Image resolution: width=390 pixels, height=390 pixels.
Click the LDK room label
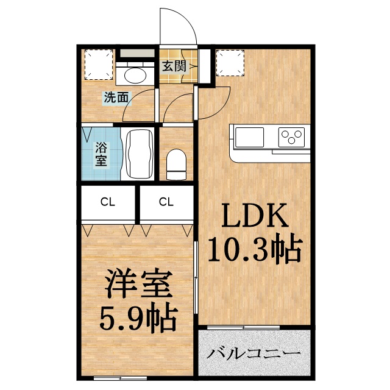253,216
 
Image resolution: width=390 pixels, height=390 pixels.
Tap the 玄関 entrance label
174,66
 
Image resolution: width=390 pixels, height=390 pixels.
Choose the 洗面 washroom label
116,97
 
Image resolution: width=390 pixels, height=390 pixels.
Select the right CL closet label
165,200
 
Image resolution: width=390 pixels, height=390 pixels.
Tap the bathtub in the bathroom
139,154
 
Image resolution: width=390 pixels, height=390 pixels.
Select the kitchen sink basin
247,136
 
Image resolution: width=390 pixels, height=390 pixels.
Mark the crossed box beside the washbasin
97,63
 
